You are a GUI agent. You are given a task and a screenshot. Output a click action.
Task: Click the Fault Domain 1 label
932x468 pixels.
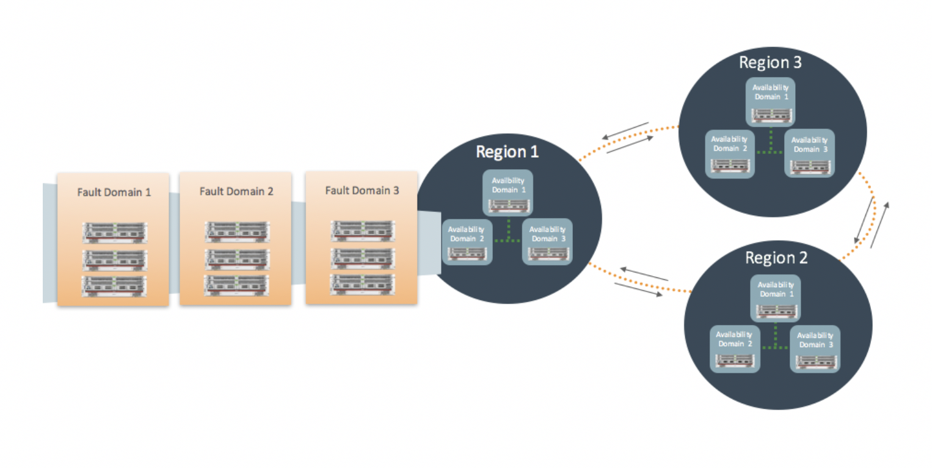(x=114, y=192)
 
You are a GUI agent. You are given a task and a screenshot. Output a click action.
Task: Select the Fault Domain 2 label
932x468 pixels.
(x=236, y=191)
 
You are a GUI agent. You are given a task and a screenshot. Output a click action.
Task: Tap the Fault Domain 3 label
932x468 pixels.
(x=362, y=190)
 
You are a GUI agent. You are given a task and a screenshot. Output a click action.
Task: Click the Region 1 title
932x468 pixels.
(x=507, y=152)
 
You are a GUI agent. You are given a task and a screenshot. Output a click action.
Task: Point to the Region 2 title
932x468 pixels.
(x=776, y=257)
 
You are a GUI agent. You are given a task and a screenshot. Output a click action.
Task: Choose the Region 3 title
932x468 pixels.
(x=770, y=62)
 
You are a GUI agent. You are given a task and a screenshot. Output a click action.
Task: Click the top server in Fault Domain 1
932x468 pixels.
(x=114, y=232)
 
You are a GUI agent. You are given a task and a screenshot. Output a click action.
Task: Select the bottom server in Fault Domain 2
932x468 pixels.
(x=236, y=285)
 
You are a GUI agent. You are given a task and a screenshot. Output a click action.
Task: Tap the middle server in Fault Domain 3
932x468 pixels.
(x=362, y=258)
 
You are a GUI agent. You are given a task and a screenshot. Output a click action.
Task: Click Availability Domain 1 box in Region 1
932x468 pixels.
(x=508, y=192)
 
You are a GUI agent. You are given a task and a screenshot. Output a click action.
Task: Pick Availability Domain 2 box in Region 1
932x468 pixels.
(x=467, y=241)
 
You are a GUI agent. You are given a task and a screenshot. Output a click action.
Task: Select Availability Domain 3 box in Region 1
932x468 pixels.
(x=547, y=241)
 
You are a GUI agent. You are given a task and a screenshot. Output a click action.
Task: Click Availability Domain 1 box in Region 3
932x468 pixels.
(x=770, y=101)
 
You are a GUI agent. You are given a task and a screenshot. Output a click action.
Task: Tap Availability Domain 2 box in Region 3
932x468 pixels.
(x=730, y=153)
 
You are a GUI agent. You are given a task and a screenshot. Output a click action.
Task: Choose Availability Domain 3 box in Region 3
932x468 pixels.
(x=809, y=153)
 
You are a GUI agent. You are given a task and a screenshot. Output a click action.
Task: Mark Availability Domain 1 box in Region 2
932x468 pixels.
(x=775, y=298)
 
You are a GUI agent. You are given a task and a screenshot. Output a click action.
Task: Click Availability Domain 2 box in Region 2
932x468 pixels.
(x=735, y=349)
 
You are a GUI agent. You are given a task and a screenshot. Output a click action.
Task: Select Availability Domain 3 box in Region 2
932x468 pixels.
(x=815, y=349)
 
